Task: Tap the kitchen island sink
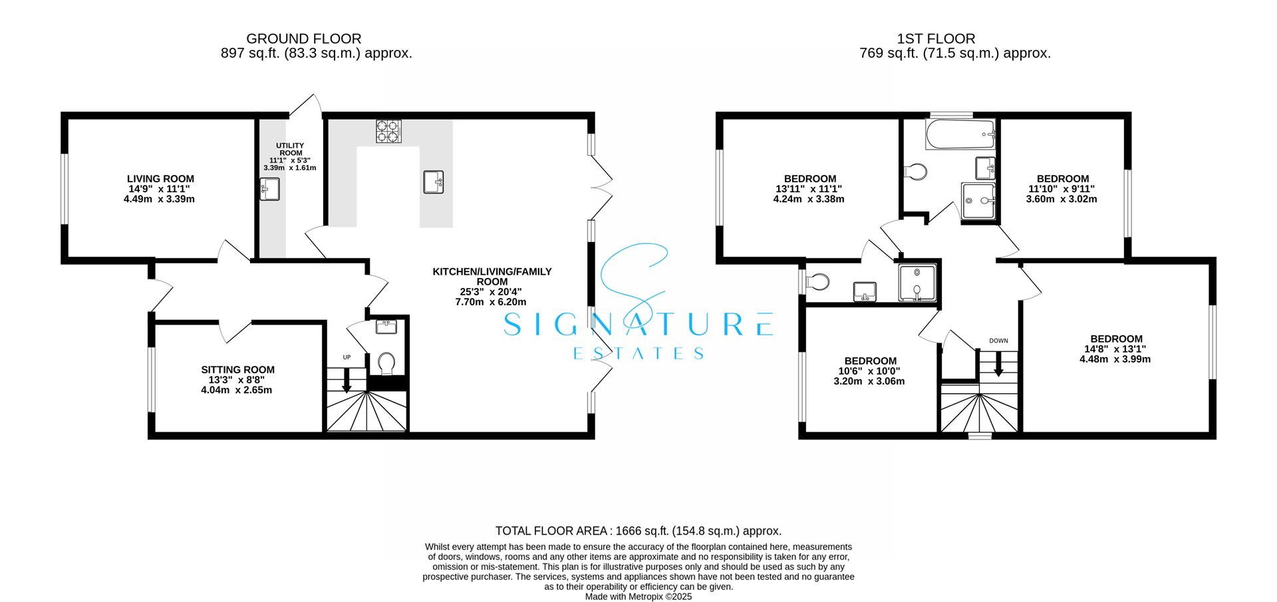[x=434, y=182]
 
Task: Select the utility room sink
[x=270, y=190]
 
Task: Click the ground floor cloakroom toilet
[x=386, y=364]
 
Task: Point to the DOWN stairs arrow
[x=998, y=365]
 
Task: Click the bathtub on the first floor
[x=960, y=134]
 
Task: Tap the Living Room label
[x=160, y=179]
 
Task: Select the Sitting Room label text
[x=237, y=370]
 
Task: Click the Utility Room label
[x=290, y=149]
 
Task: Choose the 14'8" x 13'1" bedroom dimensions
[x=1115, y=349]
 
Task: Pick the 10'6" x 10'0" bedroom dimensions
[x=869, y=371]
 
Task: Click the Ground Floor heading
[x=304, y=39]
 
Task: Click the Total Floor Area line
[x=638, y=531]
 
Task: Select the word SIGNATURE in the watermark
[x=638, y=325]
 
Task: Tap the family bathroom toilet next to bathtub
[x=916, y=172]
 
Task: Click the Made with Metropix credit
[x=638, y=597]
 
